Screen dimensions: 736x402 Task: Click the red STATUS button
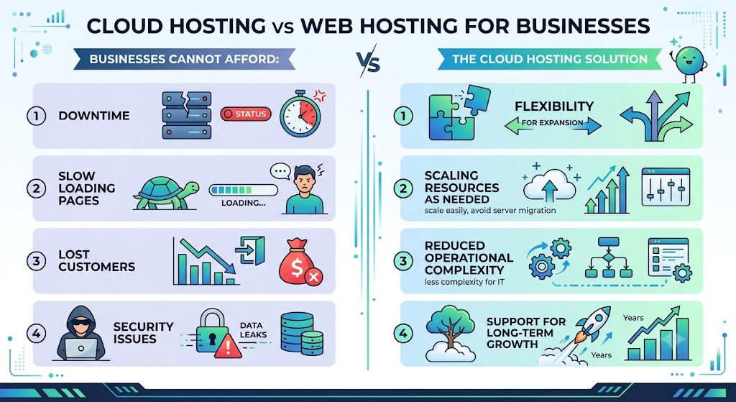tap(246, 114)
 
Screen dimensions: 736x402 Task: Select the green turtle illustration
tap(165, 193)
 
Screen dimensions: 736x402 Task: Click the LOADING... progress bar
tap(243, 190)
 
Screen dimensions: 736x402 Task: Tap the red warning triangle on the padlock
tap(228, 346)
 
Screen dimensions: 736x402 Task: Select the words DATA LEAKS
tap(253, 330)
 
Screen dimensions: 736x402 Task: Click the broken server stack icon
tap(187, 115)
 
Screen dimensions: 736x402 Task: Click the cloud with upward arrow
tap(549, 186)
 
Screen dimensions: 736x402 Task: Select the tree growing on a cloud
tap(450, 333)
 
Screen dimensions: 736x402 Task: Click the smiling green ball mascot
tap(689, 62)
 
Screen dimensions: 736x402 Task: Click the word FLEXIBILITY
tap(554, 106)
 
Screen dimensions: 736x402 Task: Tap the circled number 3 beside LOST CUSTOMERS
tap(36, 260)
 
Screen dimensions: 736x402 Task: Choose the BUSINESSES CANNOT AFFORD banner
tap(185, 59)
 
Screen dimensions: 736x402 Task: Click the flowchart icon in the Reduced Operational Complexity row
tap(608, 257)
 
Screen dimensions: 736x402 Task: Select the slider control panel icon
tap(666, 186)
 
